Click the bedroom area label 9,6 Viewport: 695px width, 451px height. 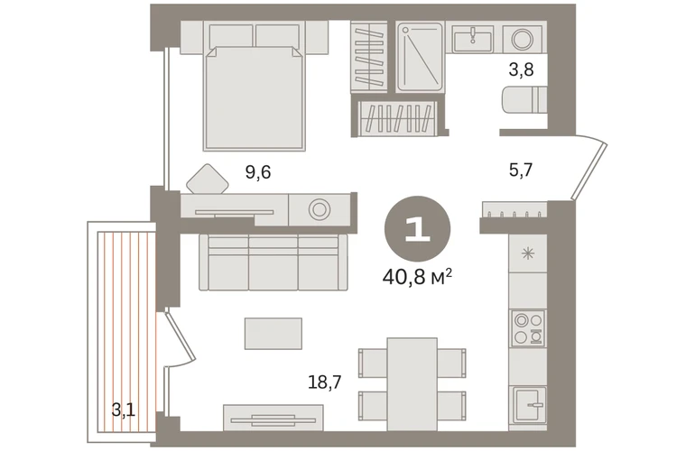[x=258, y=171]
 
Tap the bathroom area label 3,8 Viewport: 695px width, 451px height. [x=521, y=69]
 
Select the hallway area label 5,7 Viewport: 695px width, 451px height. [x=521, y=170]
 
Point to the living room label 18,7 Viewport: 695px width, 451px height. [x=324, y=382]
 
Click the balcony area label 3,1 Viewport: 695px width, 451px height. [x=124, y=410]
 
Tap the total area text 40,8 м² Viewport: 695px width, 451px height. [x=417, y=277]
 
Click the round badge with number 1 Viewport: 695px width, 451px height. [x=417, y=229]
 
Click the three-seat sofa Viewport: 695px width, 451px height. [x=273, y=262]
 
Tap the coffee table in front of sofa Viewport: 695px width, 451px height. [x=273, y=333]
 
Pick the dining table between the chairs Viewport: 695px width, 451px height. [x=412, y=384]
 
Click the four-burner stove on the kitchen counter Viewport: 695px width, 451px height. [x=527, y=328]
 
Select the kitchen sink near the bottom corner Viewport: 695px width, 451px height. [x=530, y=405]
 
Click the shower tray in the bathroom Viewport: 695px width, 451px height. [x=420, y=57]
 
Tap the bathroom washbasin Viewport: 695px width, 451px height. [x=473, y=38]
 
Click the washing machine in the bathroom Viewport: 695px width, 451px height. [x=523, y=39]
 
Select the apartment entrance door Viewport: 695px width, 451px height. [x=589, y=170]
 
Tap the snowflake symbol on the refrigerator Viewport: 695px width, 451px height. [x=528, y=253]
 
